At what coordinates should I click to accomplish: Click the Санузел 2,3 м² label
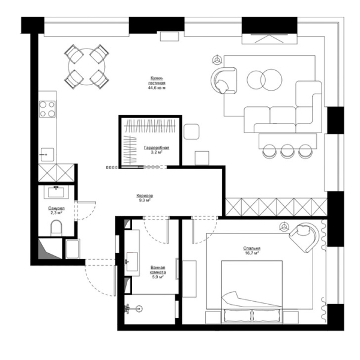56,211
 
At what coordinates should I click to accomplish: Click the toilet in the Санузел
56,227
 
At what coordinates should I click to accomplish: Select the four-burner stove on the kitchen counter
47,109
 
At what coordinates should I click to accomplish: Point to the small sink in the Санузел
58,191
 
